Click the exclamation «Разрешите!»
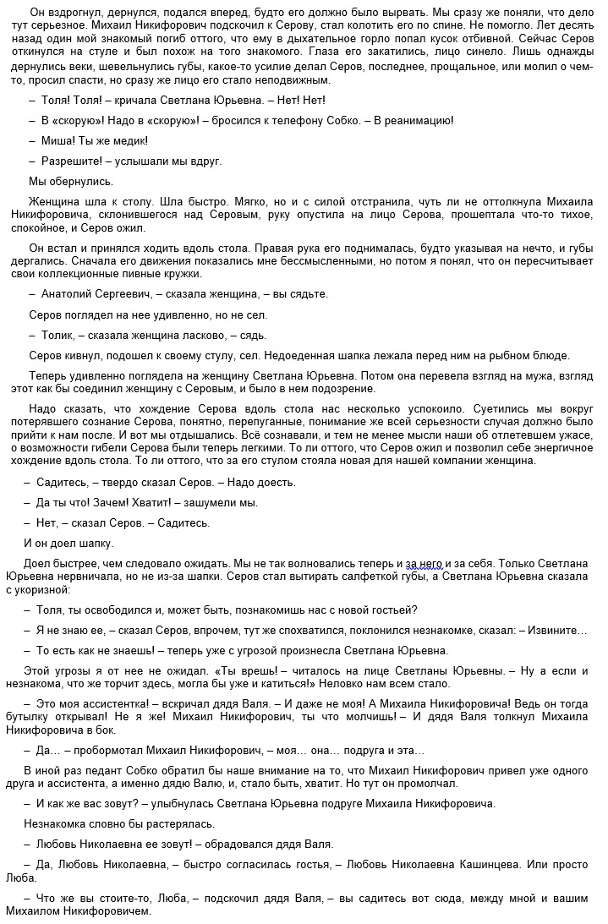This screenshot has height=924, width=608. click(71, 161)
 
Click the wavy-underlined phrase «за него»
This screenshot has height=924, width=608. click(425, 562)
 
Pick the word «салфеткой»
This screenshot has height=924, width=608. click(350, 576)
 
